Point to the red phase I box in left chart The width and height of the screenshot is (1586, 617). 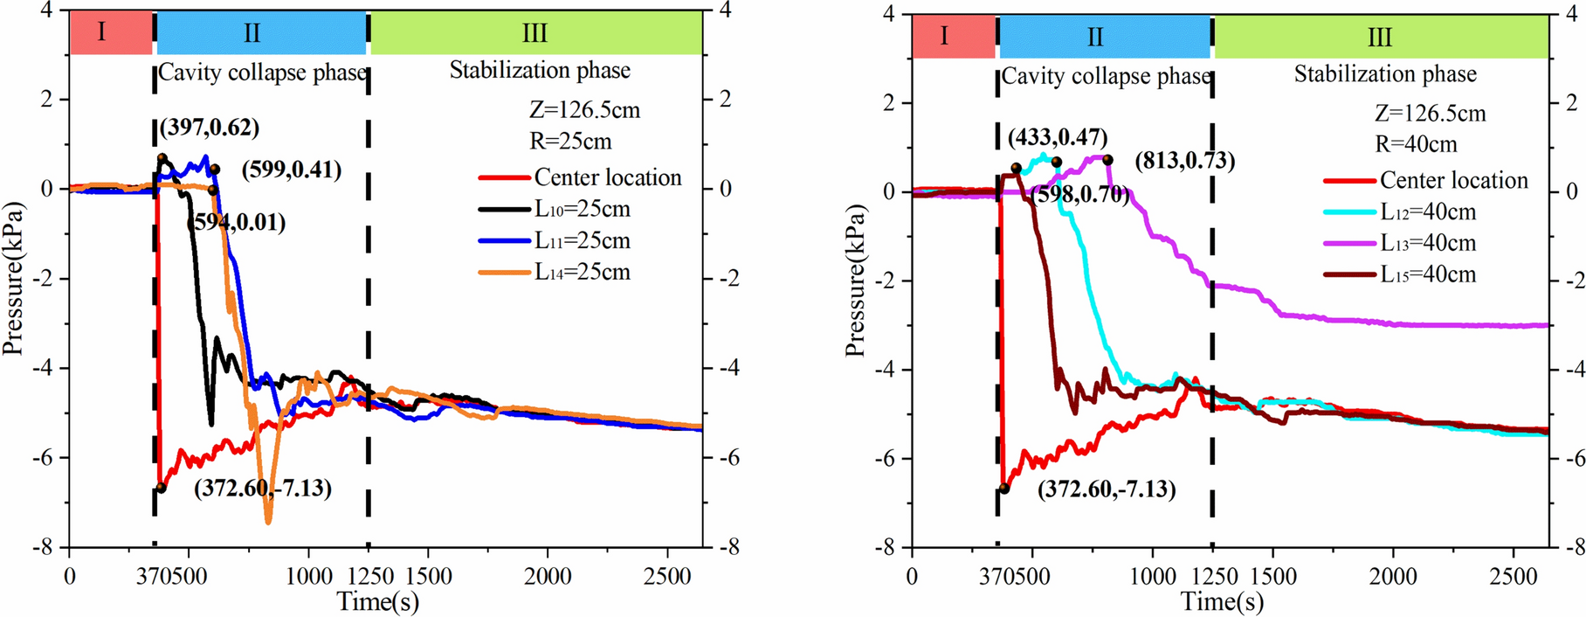(102, 33)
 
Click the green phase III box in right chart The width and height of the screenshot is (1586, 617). (1381, 38)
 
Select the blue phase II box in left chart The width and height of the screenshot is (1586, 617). (260, 33)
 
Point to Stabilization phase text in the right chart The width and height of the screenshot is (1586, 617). (1385, 75)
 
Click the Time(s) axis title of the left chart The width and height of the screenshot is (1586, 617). (378, 602)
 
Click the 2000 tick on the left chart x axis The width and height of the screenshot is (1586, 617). (548, 577)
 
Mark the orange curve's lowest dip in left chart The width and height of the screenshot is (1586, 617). (268, 522)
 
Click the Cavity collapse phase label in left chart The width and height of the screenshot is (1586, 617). (261, 73)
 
